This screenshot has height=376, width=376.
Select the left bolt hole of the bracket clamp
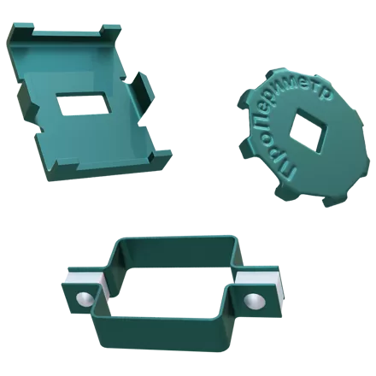point(85,299)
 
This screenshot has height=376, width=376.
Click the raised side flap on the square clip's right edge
point(143,91)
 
